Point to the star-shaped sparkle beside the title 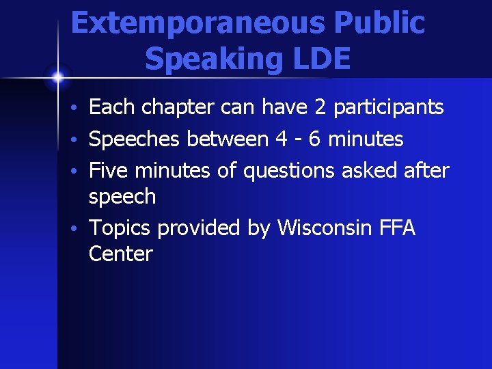[58, 77]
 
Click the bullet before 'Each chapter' [80, 109]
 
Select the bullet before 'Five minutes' [80, 169]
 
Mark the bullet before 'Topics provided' [80, 228]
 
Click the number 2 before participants [320, 107]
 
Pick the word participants [389, 108]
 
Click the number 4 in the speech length [280, 139]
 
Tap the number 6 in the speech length [315, 139]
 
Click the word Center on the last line [120, 254]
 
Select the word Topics [120, 227]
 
